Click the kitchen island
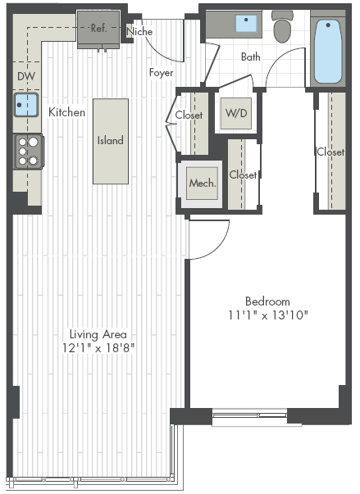click(111, 141)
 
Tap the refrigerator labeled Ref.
click(98, 29)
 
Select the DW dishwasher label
click(26, 76)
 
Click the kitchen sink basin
click(26, 105)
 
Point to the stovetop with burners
click(29, 152)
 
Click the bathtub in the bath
click(328, 52)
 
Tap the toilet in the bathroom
click(283, 27)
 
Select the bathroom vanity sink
click(246, 23)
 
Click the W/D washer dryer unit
click(236, 113)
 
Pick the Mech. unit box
click(202, 183)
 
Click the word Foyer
click(161, 73)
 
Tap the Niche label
click(139, 31)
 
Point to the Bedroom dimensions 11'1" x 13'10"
click(267, 315)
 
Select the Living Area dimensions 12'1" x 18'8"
click(98, 348)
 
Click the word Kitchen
click(66, 112)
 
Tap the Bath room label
click(251, 57)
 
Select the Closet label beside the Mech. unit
click(243, 174)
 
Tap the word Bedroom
click(267, 301)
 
